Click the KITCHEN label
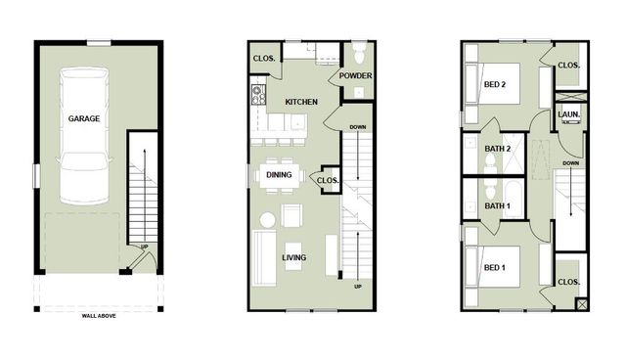click(x=301, y=102)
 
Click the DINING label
click(x=281, y=175)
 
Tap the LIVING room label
click(x=294, y=258)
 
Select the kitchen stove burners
click(x=259, y=95)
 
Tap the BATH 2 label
click(x=499, y=148)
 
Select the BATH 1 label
click(x=498, y=205)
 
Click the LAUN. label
click(x=569, y=114)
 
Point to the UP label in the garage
click(x=145, y=247)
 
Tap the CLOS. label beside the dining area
click(x=328, y=180)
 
